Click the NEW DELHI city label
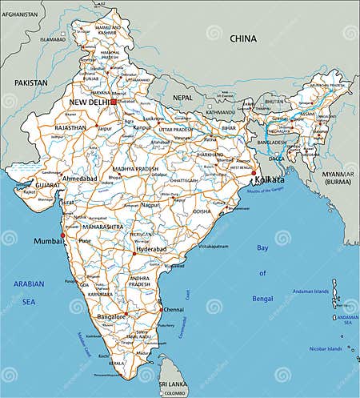(90, 103)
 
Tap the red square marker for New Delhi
(114, 102)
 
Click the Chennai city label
(173, 308)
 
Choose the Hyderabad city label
(151, 249)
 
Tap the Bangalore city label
(111, 317)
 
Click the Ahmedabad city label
(81, 179)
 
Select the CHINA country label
(243, 38)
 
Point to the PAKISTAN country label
(30, 82)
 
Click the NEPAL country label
(183, 97)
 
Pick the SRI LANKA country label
(172, 385)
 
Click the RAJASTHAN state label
(70, 127)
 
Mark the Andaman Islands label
(331, 291)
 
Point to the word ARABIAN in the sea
(29, 283)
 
